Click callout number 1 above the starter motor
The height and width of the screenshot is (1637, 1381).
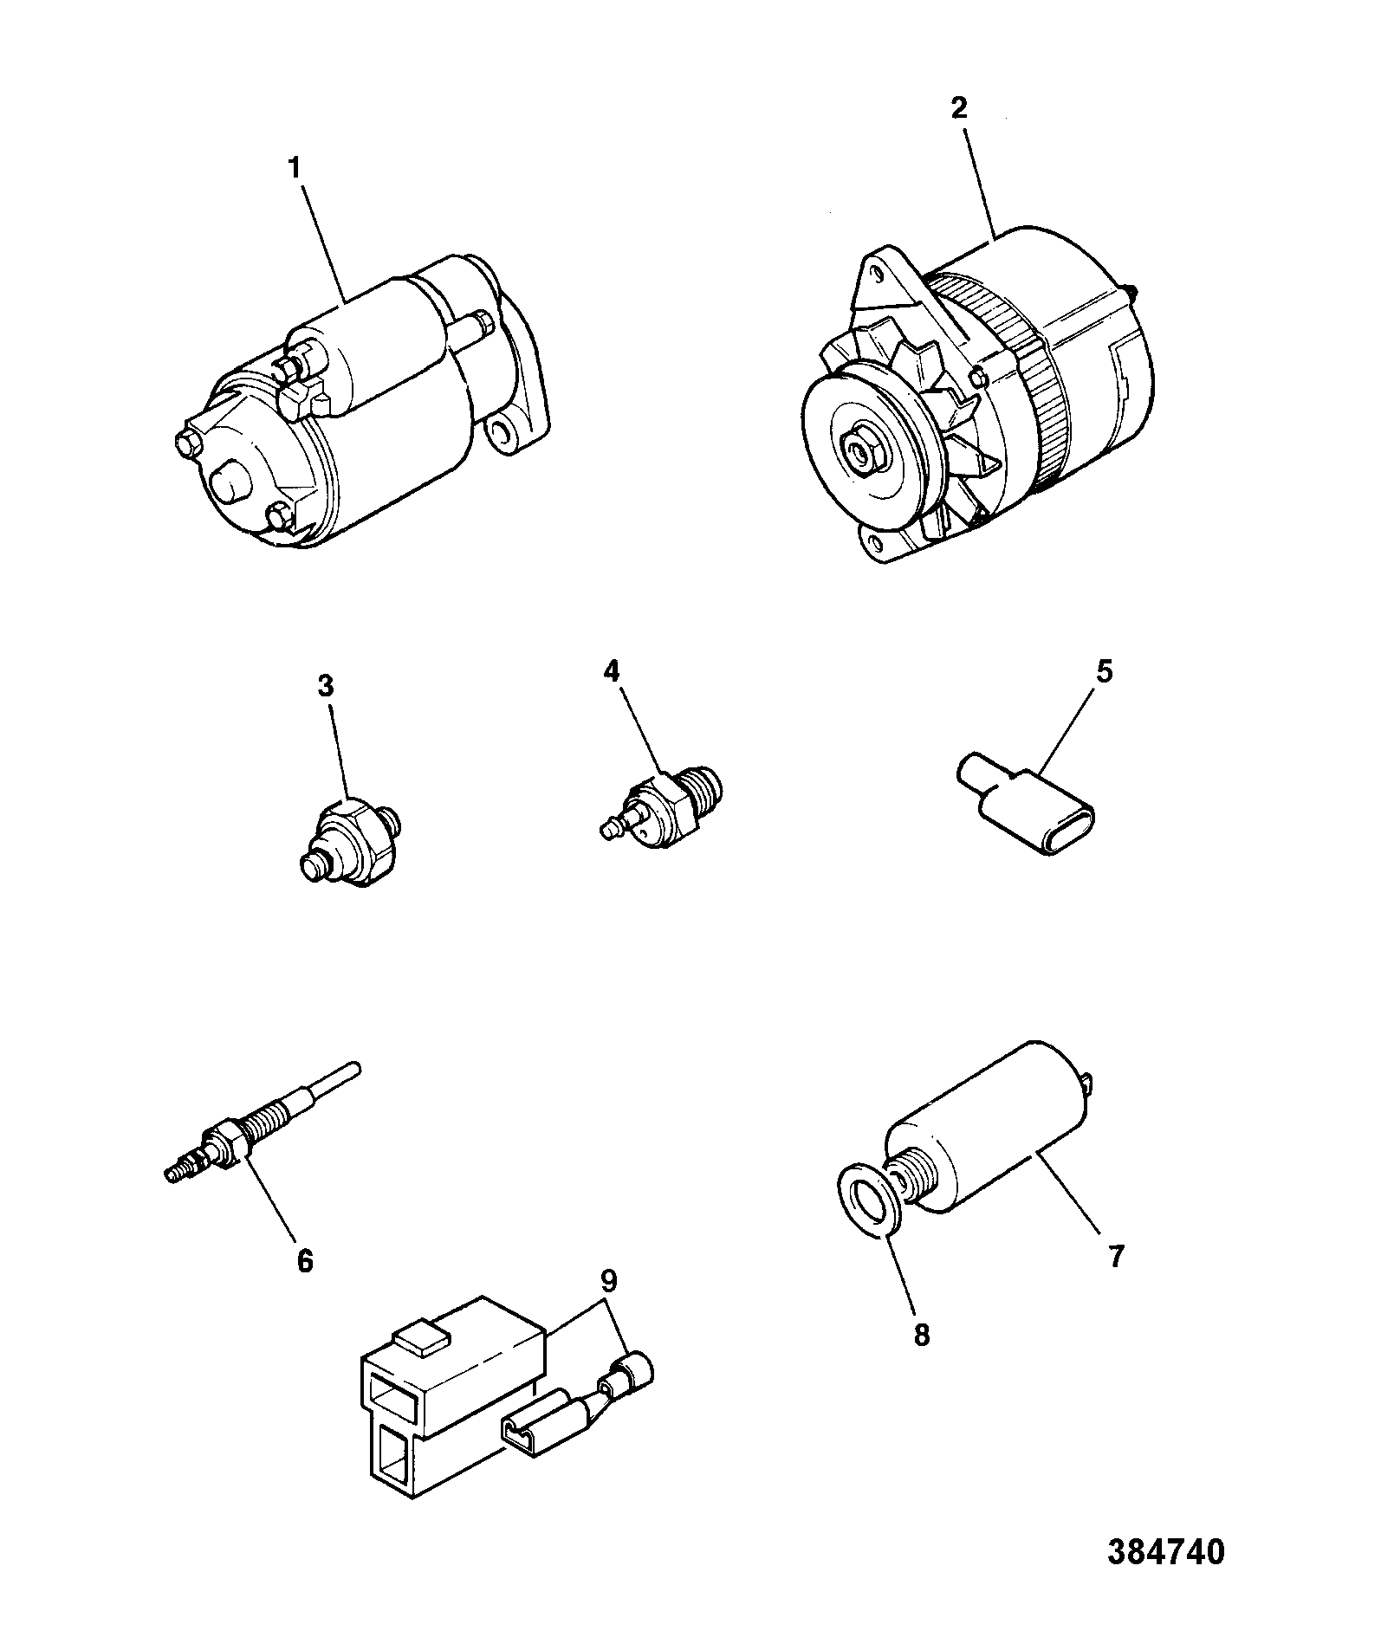(x=295, y=168)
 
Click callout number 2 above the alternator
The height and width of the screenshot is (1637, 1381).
(x=959, y=108)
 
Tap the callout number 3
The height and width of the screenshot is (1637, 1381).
(x=325, y=687)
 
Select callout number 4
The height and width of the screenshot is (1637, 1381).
(x=612, y=671)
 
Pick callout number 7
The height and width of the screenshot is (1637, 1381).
(x=1116, y=1256)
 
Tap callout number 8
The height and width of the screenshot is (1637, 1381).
(x=922, y=1336)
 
